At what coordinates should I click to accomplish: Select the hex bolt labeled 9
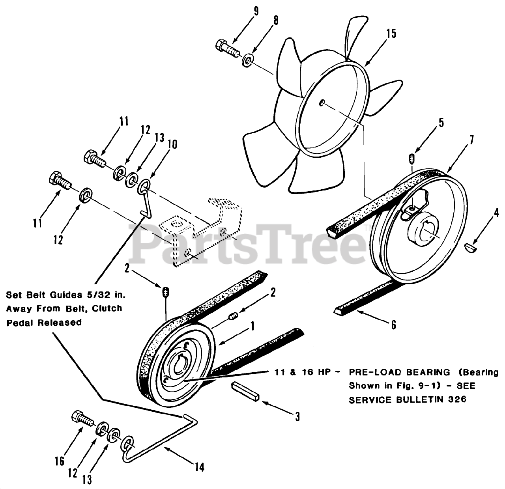tap(228, 48)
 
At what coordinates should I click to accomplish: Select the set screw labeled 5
tap(412, 158)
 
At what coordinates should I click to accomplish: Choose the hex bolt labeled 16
tap(82, 418)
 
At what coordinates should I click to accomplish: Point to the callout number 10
tap(172, 146)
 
